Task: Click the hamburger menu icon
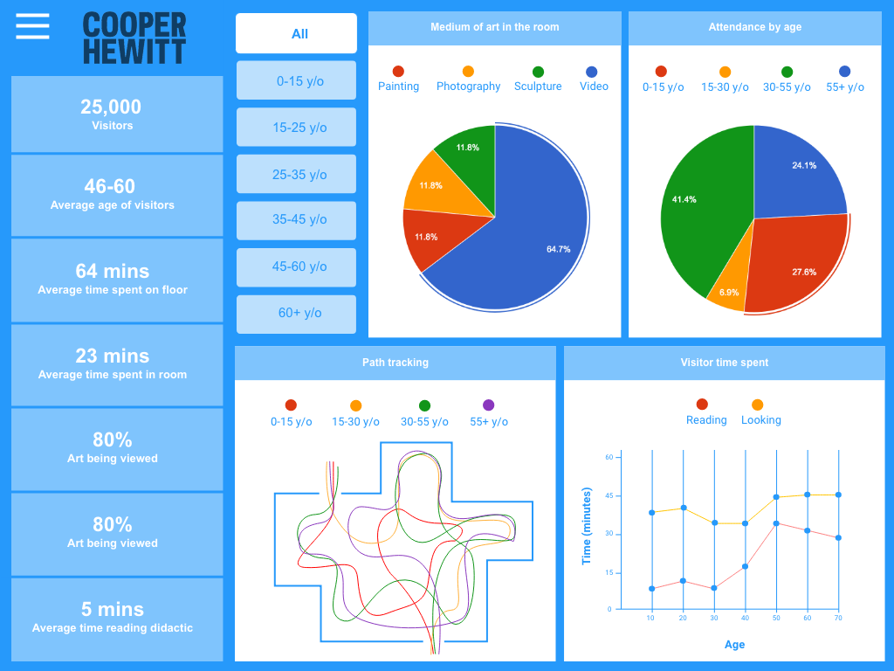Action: point(32,26)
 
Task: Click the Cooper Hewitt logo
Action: point(134,38)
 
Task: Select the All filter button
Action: point(297,34)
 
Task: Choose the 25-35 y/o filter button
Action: point(297,174)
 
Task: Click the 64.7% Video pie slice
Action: point(530,239)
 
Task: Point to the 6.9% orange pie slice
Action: point(730,288)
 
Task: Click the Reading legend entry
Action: point(706,412)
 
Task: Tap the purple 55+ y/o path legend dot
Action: point(488,405)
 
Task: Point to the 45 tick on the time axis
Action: point(609,495)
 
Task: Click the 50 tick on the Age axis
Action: point(776,618)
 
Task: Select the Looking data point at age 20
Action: point(683,508)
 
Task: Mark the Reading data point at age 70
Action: point(838,538)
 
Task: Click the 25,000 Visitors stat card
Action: point(117,114)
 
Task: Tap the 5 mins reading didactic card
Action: point(117,619)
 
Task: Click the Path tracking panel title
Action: point(395,363)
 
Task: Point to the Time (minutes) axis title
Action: point(586,526)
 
